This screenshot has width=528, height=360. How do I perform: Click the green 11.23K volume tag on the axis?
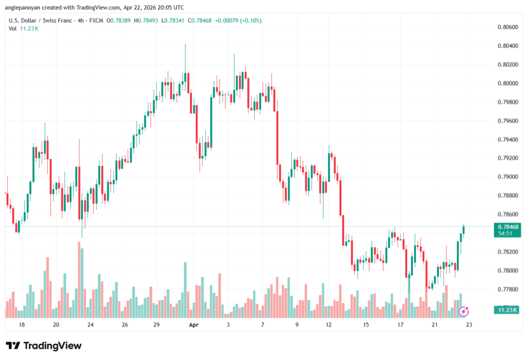tap(505, 309)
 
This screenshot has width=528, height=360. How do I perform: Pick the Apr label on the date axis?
tap(193, 325)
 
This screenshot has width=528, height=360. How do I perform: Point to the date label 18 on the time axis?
tap(22, 325)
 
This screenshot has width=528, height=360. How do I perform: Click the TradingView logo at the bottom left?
tap(43, 346)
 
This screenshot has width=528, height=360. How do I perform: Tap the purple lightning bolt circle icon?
tap(464, 311)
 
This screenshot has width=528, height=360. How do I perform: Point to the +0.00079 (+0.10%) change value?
tap(238, 21)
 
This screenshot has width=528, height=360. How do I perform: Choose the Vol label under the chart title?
tap(13, 28)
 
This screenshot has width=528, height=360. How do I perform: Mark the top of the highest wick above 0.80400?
tap(185, 44)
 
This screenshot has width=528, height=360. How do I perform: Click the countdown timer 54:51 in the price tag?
tap(505, 233)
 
